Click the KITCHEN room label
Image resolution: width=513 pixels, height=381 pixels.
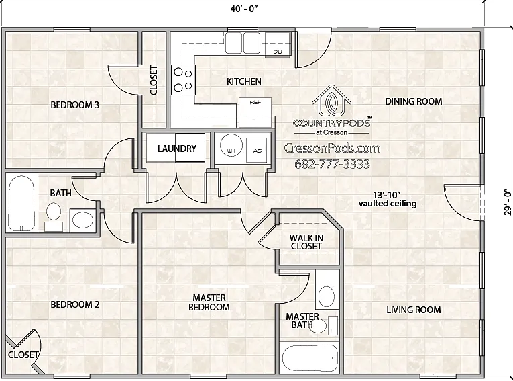point(244,81)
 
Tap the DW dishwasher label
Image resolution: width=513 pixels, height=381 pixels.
point(278,52)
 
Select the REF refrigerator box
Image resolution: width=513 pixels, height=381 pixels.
point(255,112)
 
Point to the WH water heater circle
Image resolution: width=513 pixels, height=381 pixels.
point(231,145)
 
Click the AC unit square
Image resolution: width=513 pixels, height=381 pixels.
point(256,150)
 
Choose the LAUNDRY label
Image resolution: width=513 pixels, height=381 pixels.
point(177,149)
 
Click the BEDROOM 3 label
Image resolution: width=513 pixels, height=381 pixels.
point(75,105)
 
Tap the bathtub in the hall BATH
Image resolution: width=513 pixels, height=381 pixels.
point(21,204)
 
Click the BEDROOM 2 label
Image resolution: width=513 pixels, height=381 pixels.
point(75,304)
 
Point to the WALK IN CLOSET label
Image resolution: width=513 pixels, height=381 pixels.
point(306,242)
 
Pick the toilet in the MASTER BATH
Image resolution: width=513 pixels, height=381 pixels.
point(327,295)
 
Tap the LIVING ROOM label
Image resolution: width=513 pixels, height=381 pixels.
point(414,310)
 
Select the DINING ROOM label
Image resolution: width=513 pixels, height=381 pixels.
point(414,101)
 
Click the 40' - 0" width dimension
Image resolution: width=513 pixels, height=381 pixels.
point(244,9)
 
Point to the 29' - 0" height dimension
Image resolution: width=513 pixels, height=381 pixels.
point(508,202)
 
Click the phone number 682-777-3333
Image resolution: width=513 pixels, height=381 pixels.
point(333,163)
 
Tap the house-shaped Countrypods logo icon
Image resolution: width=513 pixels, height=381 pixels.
point(332,101)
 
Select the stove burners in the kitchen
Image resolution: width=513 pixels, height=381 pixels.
point(183,80)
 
